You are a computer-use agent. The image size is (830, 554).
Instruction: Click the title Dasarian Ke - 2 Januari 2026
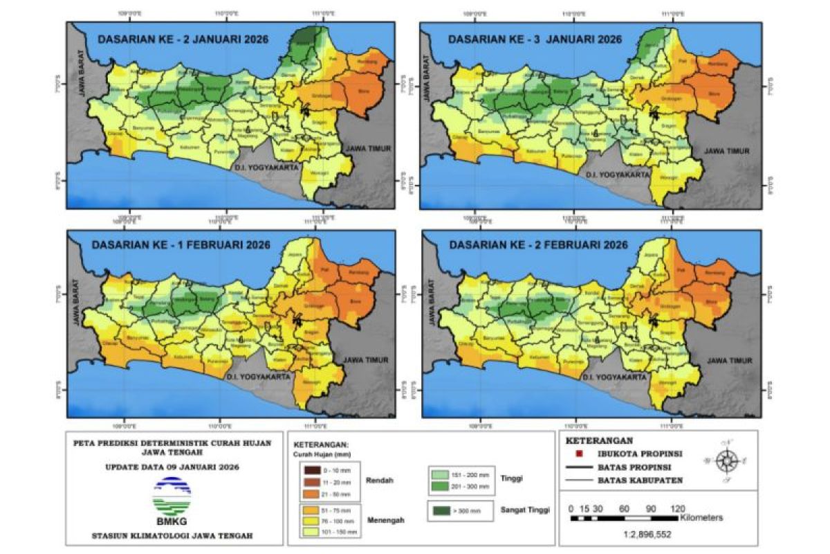[x=183, y=39]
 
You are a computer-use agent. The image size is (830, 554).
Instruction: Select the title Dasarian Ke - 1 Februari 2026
[x=183, y=246]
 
